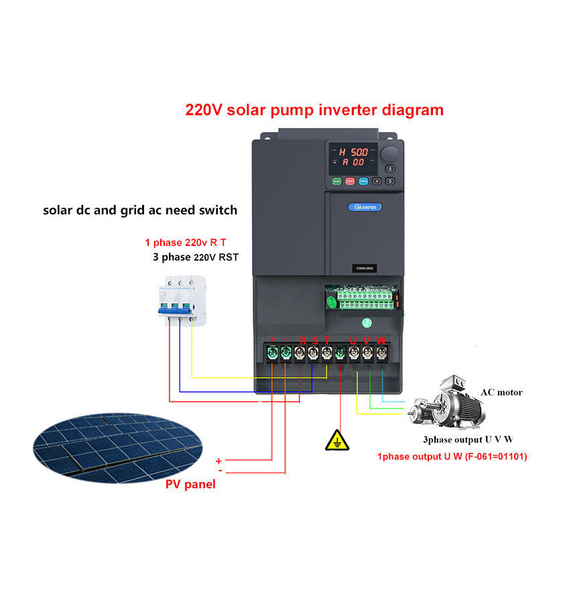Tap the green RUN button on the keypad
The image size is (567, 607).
(336, 181)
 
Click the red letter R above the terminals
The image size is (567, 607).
(302, 340)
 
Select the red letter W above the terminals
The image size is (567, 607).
(381, 340)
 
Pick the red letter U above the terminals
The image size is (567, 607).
(353, 340)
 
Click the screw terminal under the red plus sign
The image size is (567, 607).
(272, 352)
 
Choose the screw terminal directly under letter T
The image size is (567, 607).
(326, 352)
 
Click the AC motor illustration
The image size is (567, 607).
(446, 405)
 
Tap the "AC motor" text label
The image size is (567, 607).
(501, 392)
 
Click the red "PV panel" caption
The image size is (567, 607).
(190, 484)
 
